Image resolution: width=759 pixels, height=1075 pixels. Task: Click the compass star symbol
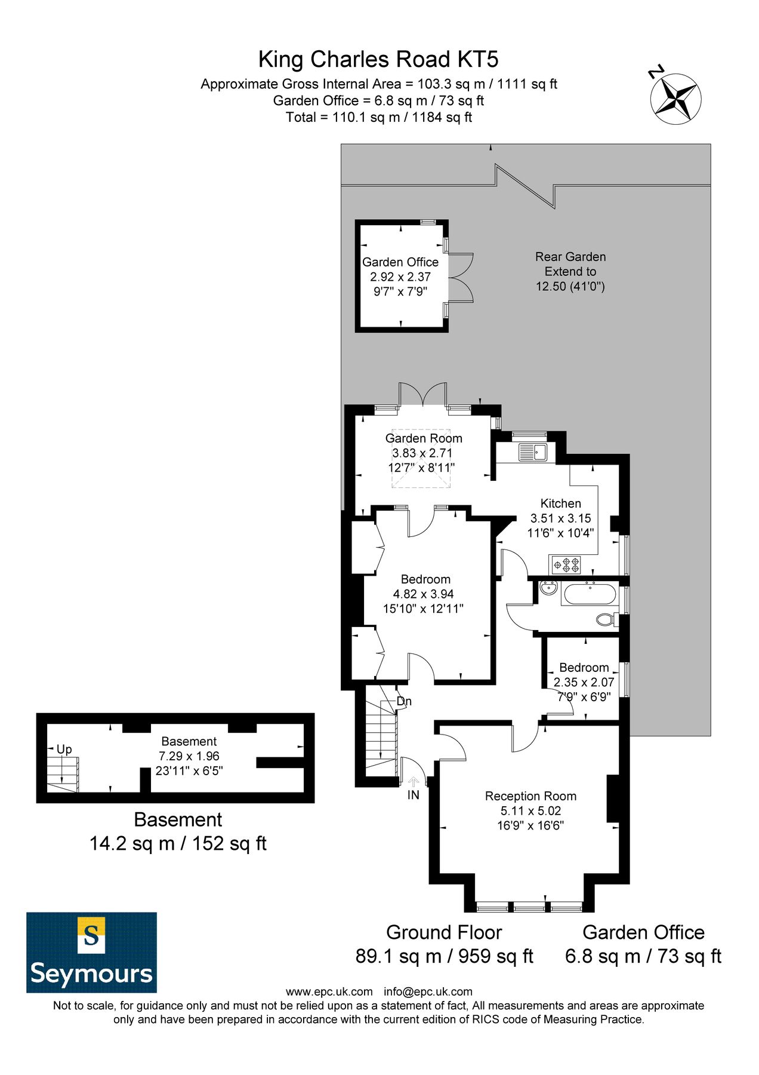(x=675, y=99)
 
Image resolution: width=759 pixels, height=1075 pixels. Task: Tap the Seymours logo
(x=91, y=952)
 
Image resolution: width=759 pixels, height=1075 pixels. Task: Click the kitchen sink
(x=533, y=452)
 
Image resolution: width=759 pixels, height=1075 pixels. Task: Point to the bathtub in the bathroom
(x=589, y=595)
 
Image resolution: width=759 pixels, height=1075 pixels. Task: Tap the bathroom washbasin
(x=548, y=589)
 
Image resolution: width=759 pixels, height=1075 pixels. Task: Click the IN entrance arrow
(x=414, y=781)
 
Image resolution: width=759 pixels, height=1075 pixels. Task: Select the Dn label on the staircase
(x=404, y=701)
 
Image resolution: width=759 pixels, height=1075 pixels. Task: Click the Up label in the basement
(x=64, y=749)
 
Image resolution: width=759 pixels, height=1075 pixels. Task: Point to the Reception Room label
(x=530, y=795)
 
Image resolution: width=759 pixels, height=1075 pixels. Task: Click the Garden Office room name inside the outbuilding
(x=400, y=262)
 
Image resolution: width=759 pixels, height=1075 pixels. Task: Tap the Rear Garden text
(x=570, y=257)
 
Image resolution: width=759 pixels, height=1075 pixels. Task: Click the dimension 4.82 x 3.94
(x=423, y=594)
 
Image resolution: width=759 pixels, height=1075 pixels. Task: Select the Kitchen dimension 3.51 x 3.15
(x=561, y=518)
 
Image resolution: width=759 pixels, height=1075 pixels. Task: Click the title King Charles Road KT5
(x=378, y=60)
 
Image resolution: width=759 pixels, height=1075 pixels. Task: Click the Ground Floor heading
(x=444, y=932)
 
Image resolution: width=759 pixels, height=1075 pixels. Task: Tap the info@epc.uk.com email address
(x=428, y=991)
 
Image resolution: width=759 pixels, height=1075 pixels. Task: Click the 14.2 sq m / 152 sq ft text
(x=178, y=843)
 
